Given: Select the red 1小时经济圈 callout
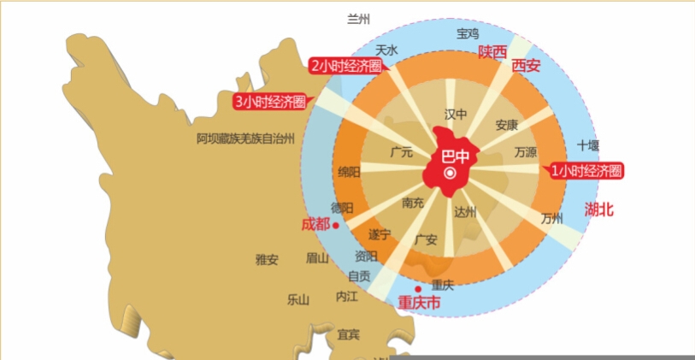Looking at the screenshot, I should pos(586,171).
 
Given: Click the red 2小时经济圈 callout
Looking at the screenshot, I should pos(345,66).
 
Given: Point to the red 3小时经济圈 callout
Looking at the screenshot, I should pos(270,102).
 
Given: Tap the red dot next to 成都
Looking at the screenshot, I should pos(336,225).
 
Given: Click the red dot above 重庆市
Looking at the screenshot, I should pos(418,289).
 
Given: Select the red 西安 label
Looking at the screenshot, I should pos(526,65).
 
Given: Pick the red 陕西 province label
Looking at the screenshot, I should pos(492,52).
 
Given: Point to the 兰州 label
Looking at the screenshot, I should pos(359,19).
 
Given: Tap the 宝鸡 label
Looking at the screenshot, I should pos(468,33).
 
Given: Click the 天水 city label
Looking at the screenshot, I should pos(387,50).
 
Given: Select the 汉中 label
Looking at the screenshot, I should pos(456,114).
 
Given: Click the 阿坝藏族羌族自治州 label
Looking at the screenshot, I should pos(245,138).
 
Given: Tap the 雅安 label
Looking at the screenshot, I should pos(267,259).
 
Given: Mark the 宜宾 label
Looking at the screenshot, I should pos(349,334).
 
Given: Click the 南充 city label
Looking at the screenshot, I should pos(413,203).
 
